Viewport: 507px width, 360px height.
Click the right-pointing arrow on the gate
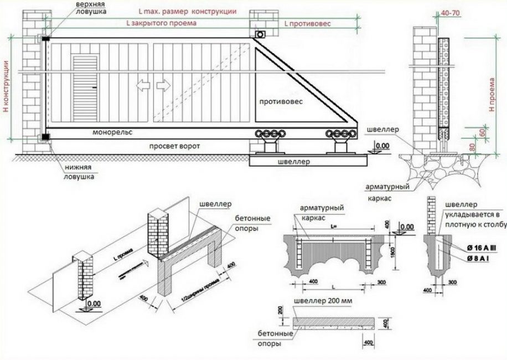coord(163,85)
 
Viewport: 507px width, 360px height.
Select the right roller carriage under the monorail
coord(339,134)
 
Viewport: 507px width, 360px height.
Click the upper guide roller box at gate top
coord(259,35)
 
